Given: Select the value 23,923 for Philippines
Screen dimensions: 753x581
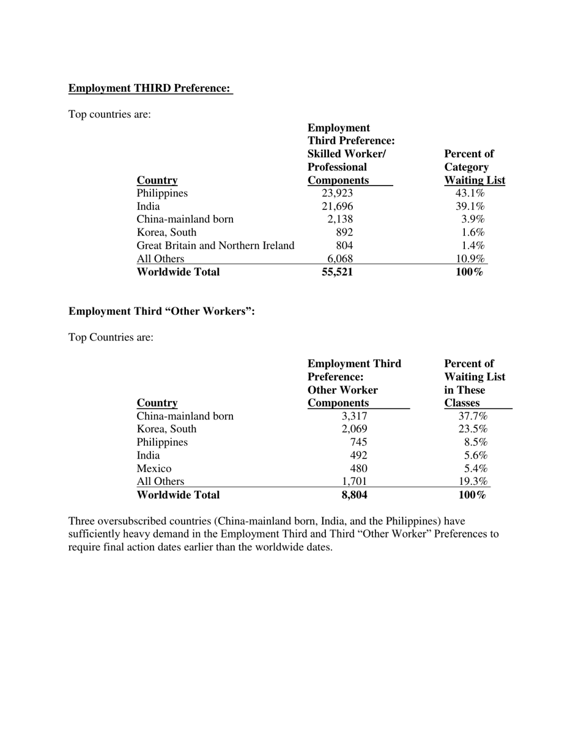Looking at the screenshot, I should pyautogui.click(x=337, y=193).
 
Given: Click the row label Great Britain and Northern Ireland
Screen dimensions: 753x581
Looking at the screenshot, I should pyautogui.click(x=215, y=245).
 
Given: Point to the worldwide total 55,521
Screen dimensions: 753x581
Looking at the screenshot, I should pyautogui.click(x=337, y=272).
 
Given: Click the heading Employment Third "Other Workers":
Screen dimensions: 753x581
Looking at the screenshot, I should pyautogui.click(x=161, y=312).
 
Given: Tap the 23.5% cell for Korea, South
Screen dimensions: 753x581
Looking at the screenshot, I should pyautogui.click(x=473, y=429).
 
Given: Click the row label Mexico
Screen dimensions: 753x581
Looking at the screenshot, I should pyautogui.click(x=154, y=468).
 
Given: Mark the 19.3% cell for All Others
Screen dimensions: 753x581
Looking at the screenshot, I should pyautogui.click(x=473, y=481).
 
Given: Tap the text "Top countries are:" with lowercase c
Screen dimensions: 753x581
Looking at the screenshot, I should pyautogui.click(x=109, y=114).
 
